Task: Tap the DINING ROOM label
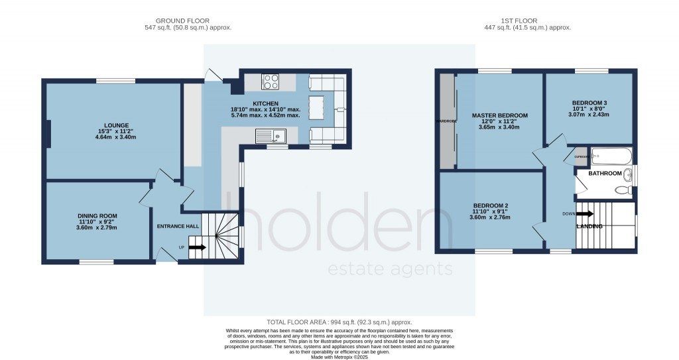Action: pos(97,216)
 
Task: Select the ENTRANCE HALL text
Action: pos(178,227)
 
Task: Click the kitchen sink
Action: pos(270,136)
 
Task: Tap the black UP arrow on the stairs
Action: pos(198,248)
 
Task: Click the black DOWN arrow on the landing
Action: pos(584,213)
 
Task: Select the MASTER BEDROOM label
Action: pos(499,115)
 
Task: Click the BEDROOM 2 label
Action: pos(491,206)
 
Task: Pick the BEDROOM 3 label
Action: pos(589,103)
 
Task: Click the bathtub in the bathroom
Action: pos(610,158)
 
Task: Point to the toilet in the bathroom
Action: pos(624,190)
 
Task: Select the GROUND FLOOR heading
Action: pos(188,21)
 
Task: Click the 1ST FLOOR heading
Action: pos(527,21)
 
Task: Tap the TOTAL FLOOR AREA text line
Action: pos(339,321)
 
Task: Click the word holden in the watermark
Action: pos(338,221)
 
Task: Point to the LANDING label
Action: pos(589,227)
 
